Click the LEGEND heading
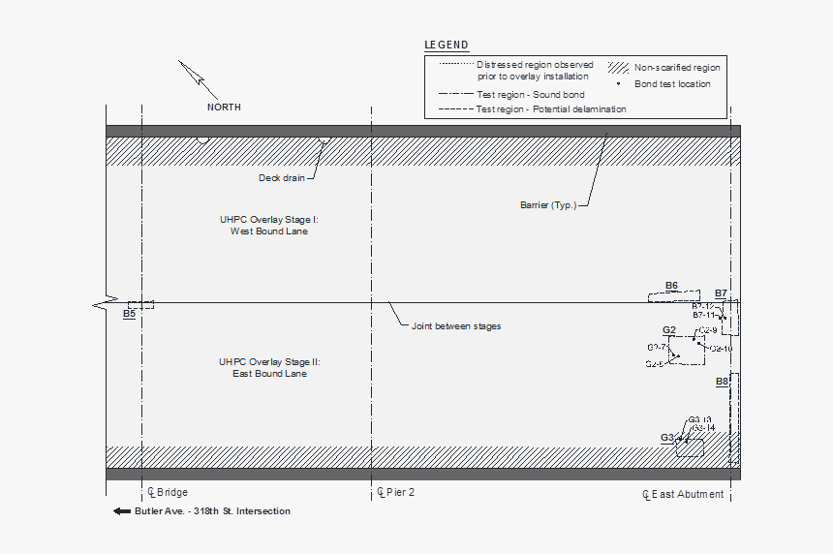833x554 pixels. point(447,45)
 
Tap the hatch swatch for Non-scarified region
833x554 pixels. point(618,68)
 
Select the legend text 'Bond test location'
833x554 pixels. point(672,84)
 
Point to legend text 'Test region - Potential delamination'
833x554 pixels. point(551,109)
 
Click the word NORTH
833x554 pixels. point(224,108)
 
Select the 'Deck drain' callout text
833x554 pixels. point(282,178)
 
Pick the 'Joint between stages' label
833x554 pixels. point(456,326)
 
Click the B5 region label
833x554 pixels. point(129,314)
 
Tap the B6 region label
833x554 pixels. point(671,285)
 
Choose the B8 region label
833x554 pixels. point(722,382)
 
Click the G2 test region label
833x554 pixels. point(669,330)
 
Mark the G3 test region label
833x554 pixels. point(667,438)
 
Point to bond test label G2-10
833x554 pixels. point(722,348)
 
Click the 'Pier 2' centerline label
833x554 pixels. point(398,492)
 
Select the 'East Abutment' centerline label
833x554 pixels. point(687,494)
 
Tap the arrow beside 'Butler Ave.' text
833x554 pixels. point(122,511)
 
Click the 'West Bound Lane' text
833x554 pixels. point(269,231)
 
